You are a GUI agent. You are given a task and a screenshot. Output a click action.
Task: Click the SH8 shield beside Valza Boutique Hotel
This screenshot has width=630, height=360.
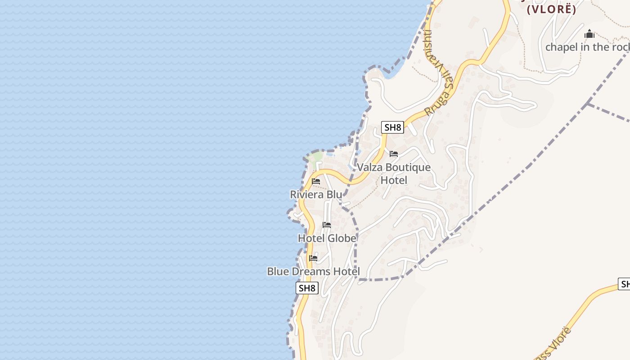(392, 127)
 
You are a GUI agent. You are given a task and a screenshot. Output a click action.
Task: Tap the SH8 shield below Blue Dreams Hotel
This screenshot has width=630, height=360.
(307, 288)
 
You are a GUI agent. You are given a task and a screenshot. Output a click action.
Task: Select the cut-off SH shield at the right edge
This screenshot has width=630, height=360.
(625, 284)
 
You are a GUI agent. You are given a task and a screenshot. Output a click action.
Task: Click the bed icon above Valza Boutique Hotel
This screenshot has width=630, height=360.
(394, 154)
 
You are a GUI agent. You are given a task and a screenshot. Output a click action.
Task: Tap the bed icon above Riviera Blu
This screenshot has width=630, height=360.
(316, 181)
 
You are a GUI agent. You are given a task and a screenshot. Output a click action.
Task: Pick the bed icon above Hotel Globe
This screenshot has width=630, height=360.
(327, 225)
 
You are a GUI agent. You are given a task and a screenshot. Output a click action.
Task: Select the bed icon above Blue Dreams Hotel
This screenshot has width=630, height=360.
(313, 258)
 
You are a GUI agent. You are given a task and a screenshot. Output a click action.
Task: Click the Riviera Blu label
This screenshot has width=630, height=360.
(315, 194)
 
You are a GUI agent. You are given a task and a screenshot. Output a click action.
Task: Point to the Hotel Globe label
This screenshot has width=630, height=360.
(327, 238)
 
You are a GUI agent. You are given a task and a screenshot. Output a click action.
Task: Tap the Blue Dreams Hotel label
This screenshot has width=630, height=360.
(313, 271)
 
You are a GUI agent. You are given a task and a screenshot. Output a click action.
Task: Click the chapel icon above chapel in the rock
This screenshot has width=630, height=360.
(589, 34)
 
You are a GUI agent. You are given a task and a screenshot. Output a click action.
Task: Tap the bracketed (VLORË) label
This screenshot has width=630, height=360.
(551, 9)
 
